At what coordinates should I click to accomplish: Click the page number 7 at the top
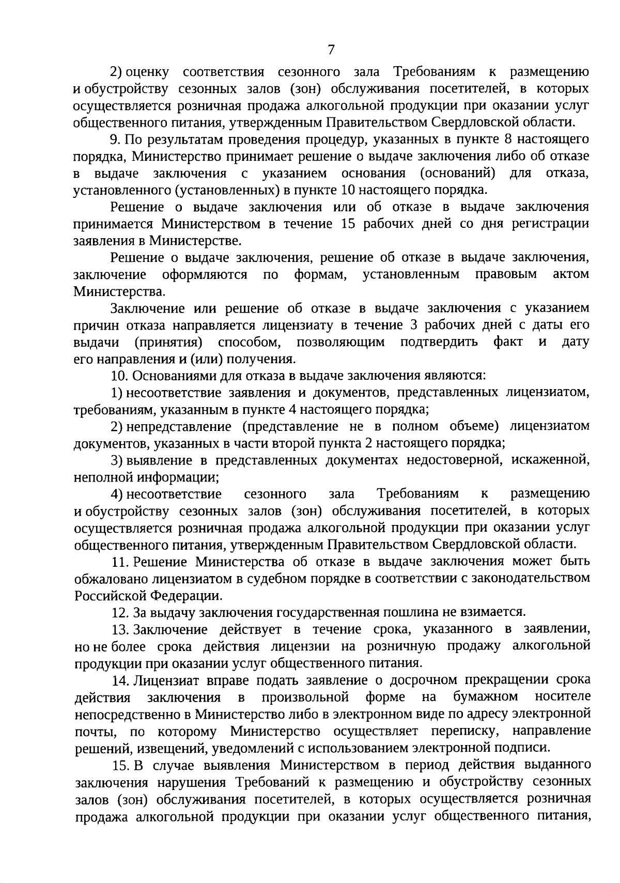331,50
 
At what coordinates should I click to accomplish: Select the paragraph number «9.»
116,140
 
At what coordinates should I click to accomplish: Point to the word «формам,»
320,274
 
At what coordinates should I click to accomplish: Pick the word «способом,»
250,342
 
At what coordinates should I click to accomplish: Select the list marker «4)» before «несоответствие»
117,494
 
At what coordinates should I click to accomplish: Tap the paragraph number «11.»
120,562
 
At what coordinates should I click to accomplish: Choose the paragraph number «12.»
120,612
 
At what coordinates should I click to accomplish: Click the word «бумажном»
486,697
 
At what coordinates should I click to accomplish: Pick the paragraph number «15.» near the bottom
121,765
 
